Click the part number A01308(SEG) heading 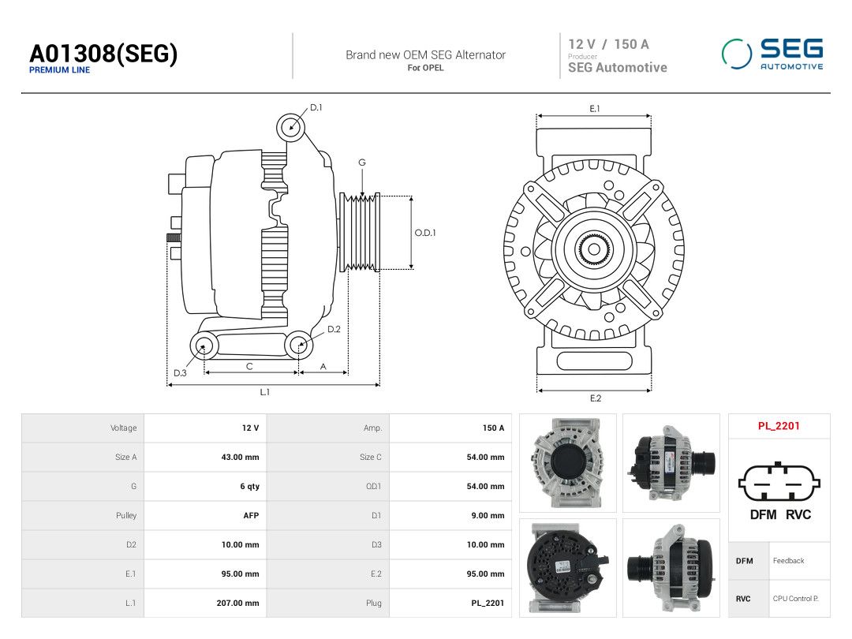point(103,54)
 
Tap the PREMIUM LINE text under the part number point(59,70)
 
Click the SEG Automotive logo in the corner point(772,54)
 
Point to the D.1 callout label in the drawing point(316,107)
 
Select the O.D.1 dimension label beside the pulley point(425,233)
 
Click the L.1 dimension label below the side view point(264,392)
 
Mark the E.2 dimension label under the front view point(596,398)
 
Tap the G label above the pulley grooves point(362,163)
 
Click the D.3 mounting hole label point(180,372)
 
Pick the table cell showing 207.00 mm point(237,603)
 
